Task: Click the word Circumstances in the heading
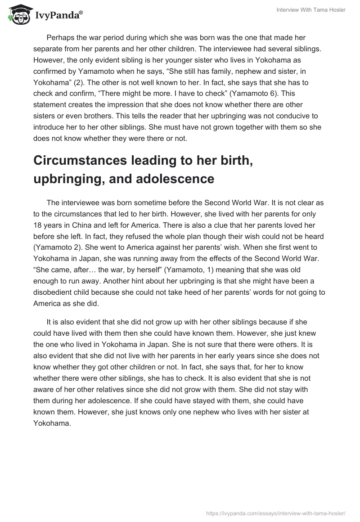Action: click(x=74, y=161)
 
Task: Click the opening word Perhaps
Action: click(x=61, y=38)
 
